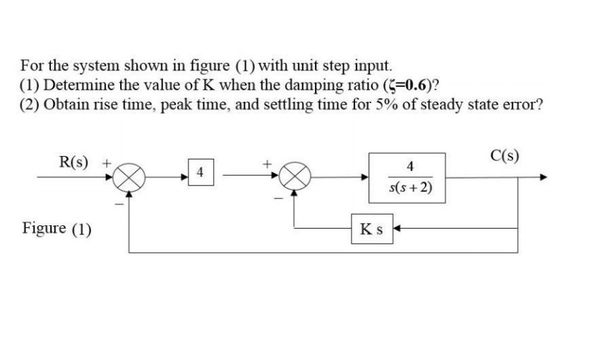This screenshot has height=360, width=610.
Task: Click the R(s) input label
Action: [74, 162]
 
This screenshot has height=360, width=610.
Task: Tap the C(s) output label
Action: [505, 156]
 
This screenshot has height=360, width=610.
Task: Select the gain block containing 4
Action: [201, 172]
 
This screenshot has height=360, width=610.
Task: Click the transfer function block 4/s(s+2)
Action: [405, 178]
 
